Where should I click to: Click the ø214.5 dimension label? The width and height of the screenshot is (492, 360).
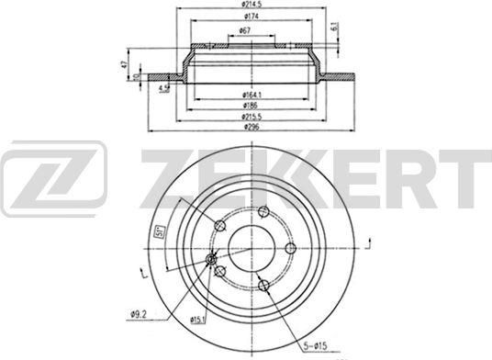(242, 5)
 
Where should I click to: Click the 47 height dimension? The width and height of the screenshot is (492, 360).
(122, 64)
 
